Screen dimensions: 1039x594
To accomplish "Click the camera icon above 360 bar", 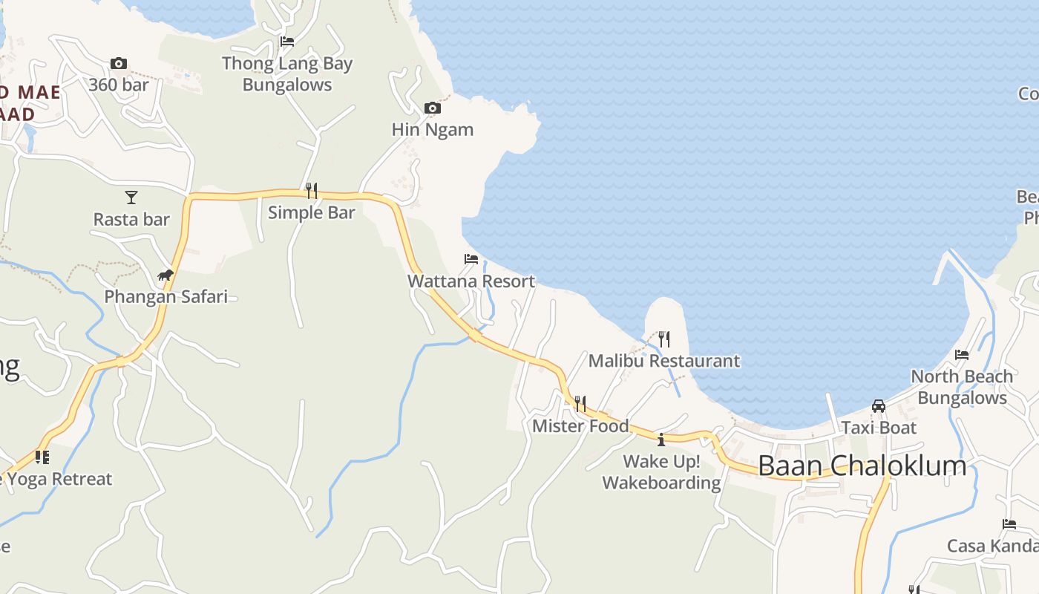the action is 119,64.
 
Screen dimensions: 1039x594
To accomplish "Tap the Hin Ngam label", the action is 433,129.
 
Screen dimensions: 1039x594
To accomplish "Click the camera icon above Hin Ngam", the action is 432,108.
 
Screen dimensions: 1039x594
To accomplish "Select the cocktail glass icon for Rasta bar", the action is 131,197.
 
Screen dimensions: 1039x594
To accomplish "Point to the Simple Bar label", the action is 312,212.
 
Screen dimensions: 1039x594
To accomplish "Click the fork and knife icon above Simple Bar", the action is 312,191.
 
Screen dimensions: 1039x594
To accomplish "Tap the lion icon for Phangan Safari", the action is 165,275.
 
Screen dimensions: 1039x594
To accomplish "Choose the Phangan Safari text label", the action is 165,297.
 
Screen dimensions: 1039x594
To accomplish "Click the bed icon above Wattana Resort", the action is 471,259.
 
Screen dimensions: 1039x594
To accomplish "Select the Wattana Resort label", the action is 471,281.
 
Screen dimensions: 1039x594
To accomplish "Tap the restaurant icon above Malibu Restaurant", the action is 664,339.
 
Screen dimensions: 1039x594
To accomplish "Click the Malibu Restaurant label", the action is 664,361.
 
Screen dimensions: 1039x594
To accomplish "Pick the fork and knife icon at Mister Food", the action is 580,403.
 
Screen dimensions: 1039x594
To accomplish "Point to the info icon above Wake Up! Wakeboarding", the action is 661,440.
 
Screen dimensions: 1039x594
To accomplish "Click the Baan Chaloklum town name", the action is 862,466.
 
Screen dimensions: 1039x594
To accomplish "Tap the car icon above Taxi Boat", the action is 879,406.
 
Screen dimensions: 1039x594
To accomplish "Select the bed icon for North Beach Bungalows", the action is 962,355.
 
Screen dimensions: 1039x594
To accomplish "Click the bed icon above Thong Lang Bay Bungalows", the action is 287,42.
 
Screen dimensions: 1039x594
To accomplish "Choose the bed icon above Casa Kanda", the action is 1009,524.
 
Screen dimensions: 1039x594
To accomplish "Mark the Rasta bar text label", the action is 131,220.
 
